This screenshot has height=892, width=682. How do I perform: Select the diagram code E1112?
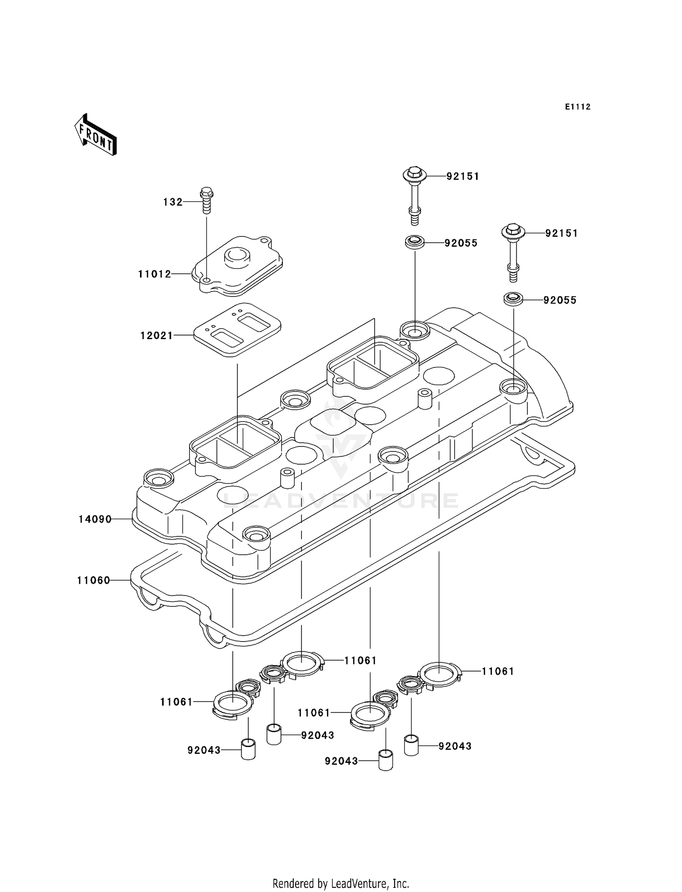[577, 107]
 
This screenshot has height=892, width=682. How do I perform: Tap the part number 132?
[173, 202]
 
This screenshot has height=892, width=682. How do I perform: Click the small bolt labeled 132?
[206, 200]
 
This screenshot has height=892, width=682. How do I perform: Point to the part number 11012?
[155, 274]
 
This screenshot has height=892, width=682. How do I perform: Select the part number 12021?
[156, 336]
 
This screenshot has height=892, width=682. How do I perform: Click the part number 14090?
[95, 519]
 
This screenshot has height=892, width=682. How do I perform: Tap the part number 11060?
[94, 580]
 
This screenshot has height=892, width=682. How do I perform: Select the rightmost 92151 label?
[562, 233]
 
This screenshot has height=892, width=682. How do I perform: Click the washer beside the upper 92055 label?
[415, 242]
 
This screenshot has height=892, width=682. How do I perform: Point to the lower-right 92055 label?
[560, 300]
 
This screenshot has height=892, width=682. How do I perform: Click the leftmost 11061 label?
[176, 702]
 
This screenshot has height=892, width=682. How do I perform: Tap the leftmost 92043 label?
[204, 750]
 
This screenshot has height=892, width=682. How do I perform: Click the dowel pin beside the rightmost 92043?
[411, 745]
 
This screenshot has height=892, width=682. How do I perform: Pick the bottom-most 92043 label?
[341, 761]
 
